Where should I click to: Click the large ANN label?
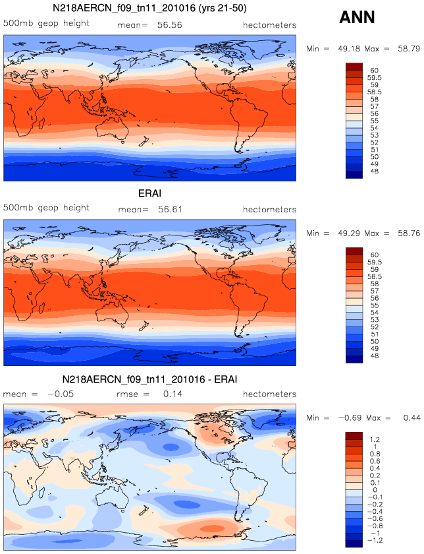357,18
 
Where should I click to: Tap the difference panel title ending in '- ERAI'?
149,380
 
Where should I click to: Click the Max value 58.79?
406,49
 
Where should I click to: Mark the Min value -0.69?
343,417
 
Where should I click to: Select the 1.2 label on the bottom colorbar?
374,439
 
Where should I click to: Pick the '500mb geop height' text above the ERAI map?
46,208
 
